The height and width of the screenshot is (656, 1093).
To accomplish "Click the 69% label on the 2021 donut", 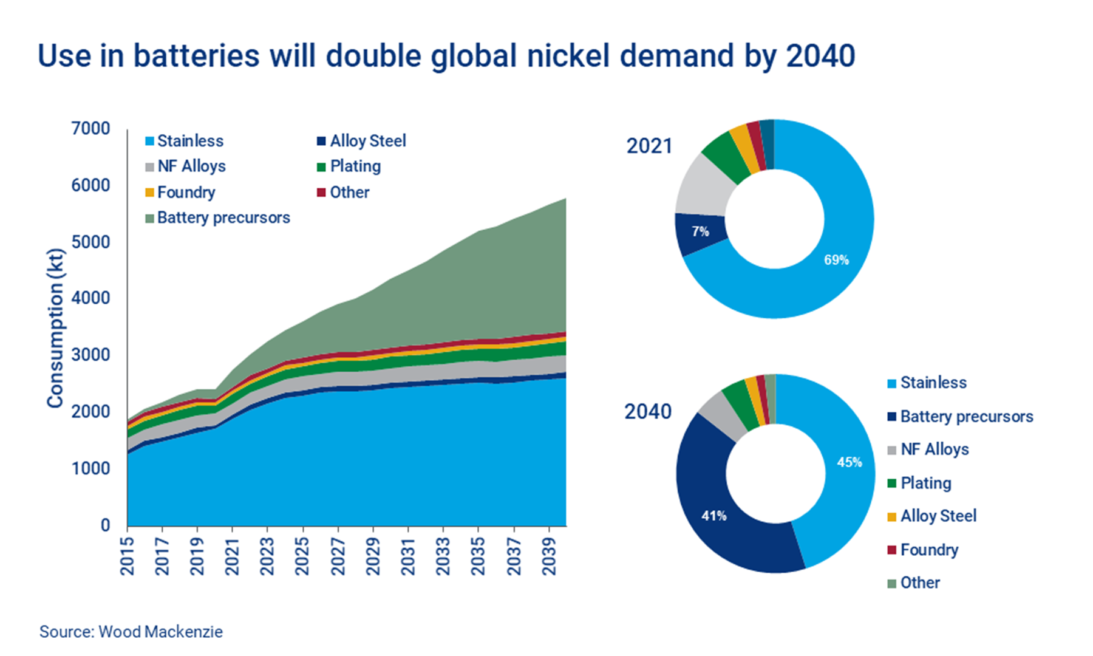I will tap(836, 260).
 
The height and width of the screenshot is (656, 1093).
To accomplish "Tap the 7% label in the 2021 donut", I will tap(700, 231).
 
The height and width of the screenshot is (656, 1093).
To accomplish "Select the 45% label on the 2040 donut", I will tap(849, 462).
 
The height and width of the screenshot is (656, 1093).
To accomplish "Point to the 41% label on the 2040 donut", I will tap(713, 516).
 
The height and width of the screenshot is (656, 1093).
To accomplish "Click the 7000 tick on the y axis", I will tap(90, 129).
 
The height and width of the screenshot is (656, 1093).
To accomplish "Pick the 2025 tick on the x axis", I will tap(302, 556).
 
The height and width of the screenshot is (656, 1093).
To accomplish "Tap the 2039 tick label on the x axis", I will tap(549, 556).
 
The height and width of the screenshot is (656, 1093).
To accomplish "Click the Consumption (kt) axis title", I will tap(55, 328).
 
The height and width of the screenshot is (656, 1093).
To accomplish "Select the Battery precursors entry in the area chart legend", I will tap(223, 217).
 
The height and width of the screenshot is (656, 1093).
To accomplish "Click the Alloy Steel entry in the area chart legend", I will tap(367, 141).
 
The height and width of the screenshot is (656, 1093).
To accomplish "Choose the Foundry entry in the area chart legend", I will tap(186, 192).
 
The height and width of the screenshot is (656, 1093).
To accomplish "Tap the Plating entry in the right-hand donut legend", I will tap(925, 483).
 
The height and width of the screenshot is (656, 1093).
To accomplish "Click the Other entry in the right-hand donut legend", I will tap(919, 583).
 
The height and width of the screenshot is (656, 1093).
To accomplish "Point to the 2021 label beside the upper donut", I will tap(649, 146).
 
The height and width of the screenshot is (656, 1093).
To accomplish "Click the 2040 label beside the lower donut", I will tap(648, 411).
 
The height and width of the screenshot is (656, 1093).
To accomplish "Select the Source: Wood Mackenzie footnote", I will tap(131, 632).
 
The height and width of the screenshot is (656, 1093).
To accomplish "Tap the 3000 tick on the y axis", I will tap(90, 355).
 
